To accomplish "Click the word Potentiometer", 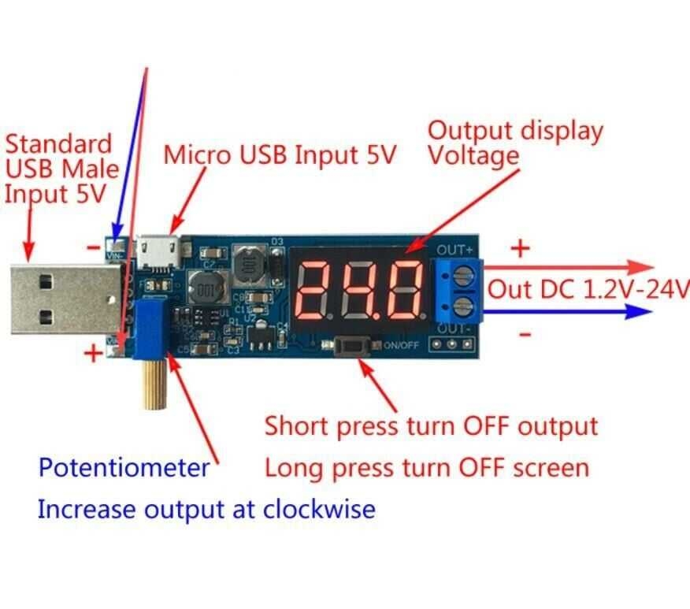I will pos(124,468).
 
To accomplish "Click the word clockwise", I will pos(318,509).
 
